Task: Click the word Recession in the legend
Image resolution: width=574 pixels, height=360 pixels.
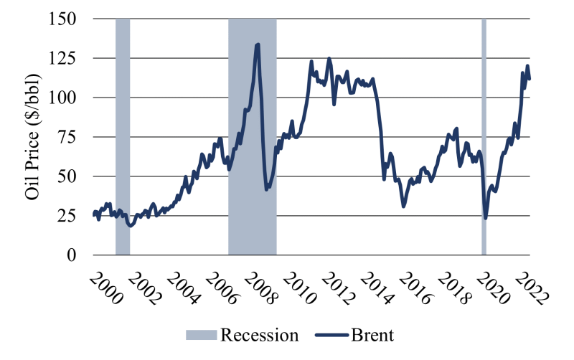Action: coord(259,335)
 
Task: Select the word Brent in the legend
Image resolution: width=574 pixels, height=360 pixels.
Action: coord(373,335)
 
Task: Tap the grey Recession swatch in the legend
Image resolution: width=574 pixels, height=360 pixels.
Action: coord(201,335)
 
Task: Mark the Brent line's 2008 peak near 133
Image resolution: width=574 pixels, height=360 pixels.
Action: coord(258,44)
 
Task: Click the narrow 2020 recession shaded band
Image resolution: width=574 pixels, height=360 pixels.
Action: coord(484,137)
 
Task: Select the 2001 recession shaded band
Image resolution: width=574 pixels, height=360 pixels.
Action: coord(123,137)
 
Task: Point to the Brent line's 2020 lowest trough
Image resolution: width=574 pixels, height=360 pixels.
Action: coord(486,218)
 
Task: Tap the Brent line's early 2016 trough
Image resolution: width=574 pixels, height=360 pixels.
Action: coord(404,207)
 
